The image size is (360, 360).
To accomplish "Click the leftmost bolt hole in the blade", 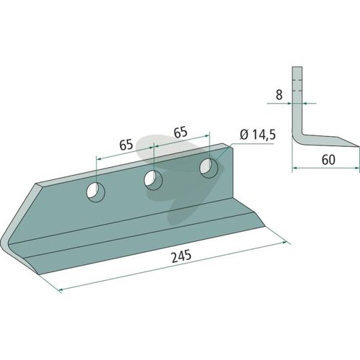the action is click(x=96, y=192).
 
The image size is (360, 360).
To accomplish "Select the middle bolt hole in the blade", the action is click(x=153, y=180).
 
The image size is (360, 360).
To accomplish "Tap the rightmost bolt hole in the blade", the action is click(x=209, y=168).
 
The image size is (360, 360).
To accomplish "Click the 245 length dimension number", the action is click(x=181, y=256).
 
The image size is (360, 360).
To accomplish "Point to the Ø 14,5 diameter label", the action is click(x=258, y=136).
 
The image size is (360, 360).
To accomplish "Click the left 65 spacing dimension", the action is click(x=126, y=145).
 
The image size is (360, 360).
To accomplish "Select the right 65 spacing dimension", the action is click(x=181, y=132).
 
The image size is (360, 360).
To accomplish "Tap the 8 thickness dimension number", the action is click(x=279, y=95).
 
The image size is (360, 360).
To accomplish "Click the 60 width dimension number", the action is click(x=328, y=160).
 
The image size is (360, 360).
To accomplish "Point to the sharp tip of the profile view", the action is click(x=359, y=146).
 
